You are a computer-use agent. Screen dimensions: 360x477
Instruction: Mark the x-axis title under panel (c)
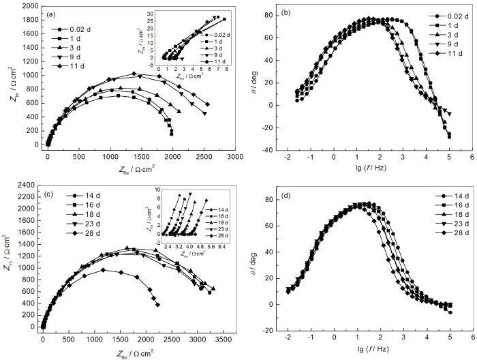point(132,351)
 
